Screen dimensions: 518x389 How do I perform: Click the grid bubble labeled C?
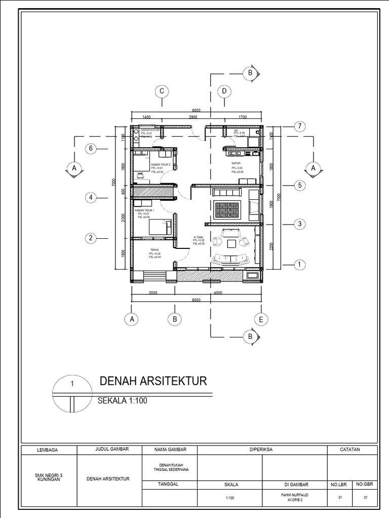(x=162, y=91)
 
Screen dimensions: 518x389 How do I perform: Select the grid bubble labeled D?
(x=223, y=91)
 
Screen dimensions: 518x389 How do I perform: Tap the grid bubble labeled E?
(x=261, y=320)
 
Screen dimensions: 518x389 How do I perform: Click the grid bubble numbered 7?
(x=299, y=125)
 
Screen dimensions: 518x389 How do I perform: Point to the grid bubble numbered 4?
(x=91, y=198)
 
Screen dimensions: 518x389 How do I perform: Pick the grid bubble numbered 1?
(x=299, y=264)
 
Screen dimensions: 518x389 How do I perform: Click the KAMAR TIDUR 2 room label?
(x=160, y=165)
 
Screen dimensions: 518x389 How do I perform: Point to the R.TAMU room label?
(x=199, y=237)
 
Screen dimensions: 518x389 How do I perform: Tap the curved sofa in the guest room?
(x=229, y=260)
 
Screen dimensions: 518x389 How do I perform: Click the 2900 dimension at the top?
(x=192, y=117)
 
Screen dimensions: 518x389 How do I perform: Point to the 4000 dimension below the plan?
(x=218, y=293)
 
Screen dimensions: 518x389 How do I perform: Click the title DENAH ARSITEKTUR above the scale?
(x=152, y=381)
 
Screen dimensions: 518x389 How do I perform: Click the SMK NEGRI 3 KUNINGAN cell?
(x=50, y=477)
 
